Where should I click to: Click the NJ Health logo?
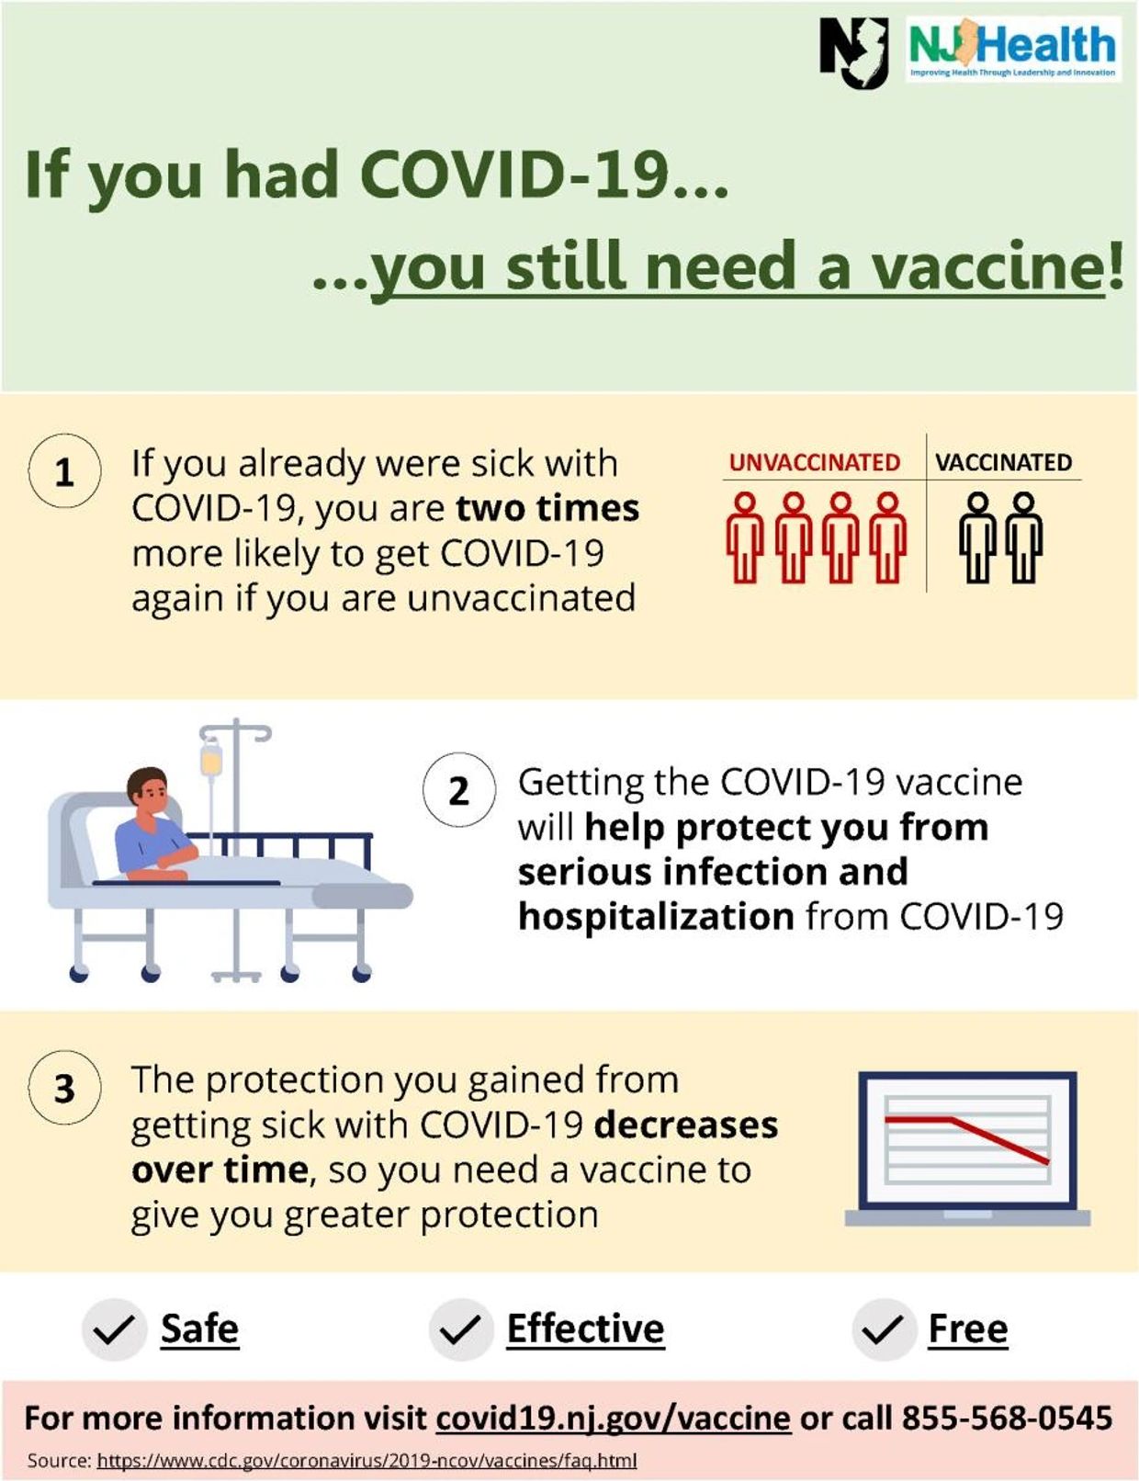coord(1013,49)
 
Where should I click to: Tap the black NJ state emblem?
coord(853,52)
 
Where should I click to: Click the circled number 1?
coord(64,471)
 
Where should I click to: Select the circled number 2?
coord(459,790)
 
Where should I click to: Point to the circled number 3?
coord(64,1087)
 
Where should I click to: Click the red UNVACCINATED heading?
coord(814,463)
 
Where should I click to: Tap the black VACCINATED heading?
coord(1003,463)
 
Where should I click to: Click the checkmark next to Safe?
coord(114,1329)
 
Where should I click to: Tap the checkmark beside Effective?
coord(461,1329)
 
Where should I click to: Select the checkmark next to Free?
coord(884,1329)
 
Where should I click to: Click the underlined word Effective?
coord(586,1329)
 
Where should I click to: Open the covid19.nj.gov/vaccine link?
coord(613,1419)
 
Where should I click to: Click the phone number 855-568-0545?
coord(1007,1418)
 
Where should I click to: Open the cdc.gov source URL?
coord(367,1461)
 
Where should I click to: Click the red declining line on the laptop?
coord(966,1138)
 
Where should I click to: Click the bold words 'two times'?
coord(547,508)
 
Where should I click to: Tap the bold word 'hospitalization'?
coord(656,916)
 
